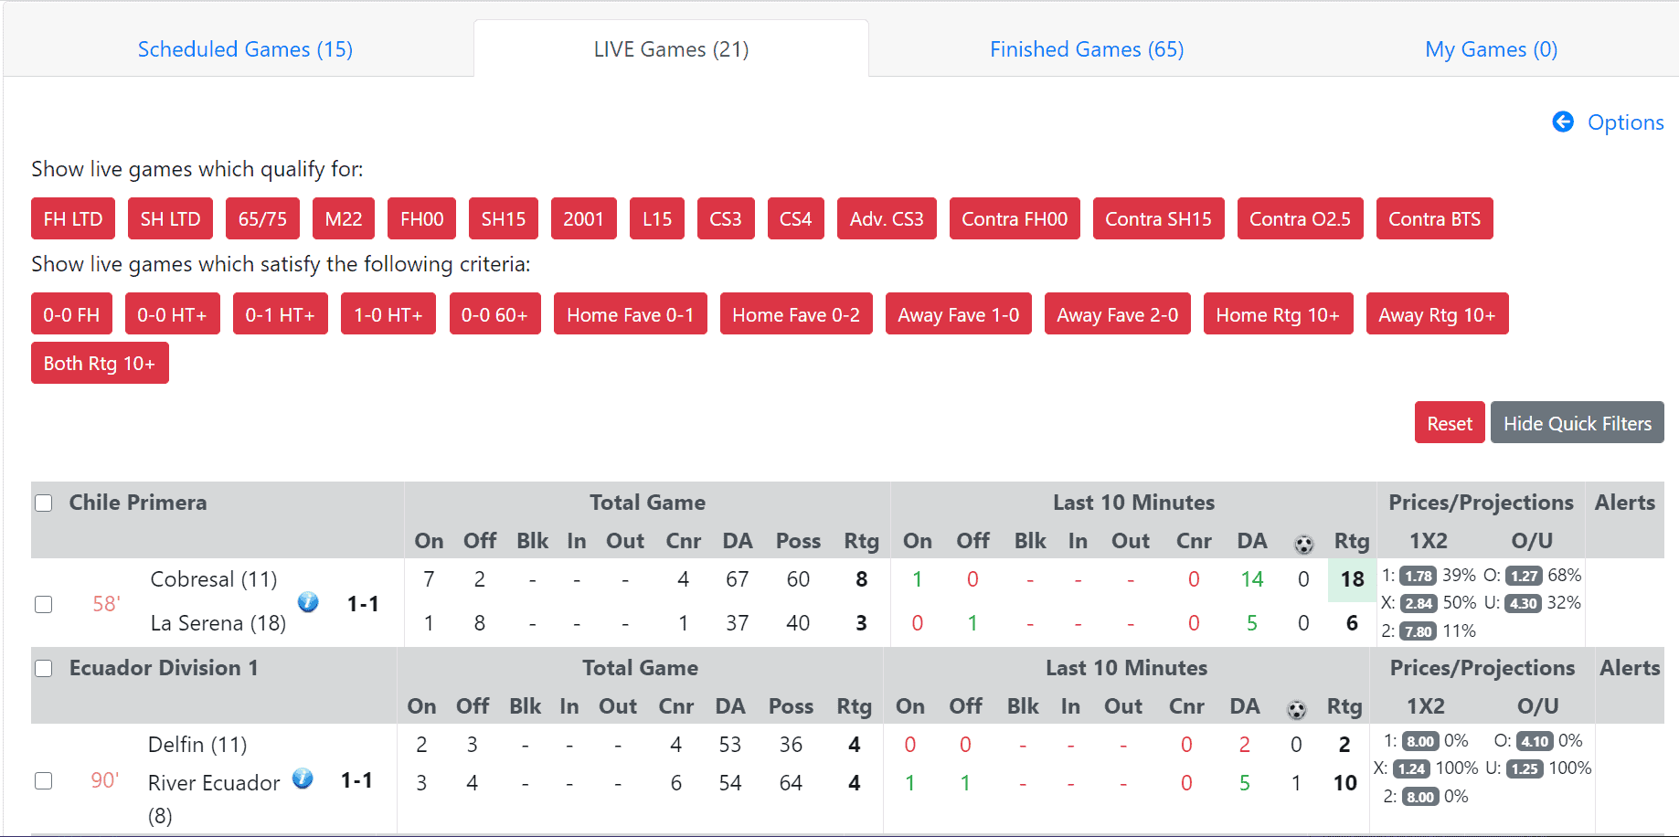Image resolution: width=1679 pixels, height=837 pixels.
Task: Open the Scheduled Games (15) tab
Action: tap(245, 49)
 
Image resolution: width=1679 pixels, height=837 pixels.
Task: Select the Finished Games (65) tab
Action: tap(1086, 49)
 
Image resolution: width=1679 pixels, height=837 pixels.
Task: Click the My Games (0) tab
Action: tap(1491, 49)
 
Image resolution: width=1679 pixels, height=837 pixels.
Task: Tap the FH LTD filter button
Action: tap(73, 219)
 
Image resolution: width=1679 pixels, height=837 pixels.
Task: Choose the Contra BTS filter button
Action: tap(1433, 219)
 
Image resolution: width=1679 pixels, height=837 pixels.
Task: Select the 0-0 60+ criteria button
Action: tap(494, 314)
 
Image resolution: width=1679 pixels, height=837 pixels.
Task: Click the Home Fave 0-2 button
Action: tap(795, 314)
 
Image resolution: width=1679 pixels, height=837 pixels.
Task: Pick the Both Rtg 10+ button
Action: tap(100, 364)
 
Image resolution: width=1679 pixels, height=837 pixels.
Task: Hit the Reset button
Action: tap(1449, 423)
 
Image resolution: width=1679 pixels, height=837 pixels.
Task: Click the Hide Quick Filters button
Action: tap(1577, 423)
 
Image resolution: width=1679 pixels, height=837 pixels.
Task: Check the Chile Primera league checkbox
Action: tap(44, 503)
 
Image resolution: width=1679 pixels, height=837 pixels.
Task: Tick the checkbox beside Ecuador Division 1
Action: tap(44, 669)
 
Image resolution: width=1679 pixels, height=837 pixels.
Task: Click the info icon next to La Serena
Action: tap(308, 602)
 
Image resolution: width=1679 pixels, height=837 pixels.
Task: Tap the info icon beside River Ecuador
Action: tap(303, 779)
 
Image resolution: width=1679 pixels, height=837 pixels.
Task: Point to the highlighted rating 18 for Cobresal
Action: tap(1352, 579)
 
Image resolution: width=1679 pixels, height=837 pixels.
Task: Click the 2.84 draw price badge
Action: tap(1418, 603)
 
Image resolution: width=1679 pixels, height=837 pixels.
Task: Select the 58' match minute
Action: tap(106, 604)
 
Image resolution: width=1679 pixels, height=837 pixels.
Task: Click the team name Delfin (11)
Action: tap(197, 745)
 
